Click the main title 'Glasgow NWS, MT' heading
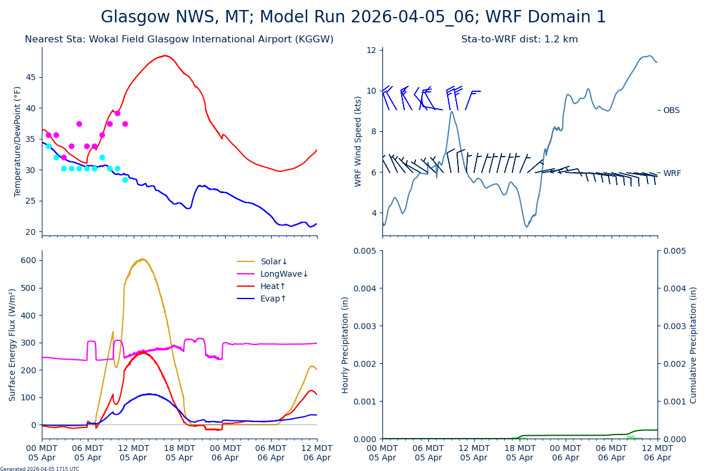pyautogui.click(x=353, y=17)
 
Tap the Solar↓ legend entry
pyautogui.click(x=262, y=261)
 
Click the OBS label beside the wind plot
pyautogui.click(x=671, y=110)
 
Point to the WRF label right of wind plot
pyautogui.click(x=672, y=173)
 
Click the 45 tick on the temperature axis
pyautogui.click(x=30, y=77)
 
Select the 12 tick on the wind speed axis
pyautogui.click(x=371, y=50)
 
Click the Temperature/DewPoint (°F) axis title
pyautogui.click(x=18, y=141)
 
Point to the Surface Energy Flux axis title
pyautogui.click(x=13, y=344)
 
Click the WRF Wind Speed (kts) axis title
pyautogui.click(x=358, y=141)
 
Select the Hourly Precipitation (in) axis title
pyautogui.click(x=345, y=344)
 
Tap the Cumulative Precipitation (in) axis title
pyautogui.click(x=693, y=344)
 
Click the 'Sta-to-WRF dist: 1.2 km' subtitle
pyautogui.click(x=519, y=39)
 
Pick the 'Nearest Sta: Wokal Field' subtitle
pyautogui.click(x=179, y=39)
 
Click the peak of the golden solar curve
pyautogui.click(x=142, y=259)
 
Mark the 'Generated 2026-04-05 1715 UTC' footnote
pyautogui.click(x=39, y=469)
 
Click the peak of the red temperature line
pyautogui.click(x=166, y=56)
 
